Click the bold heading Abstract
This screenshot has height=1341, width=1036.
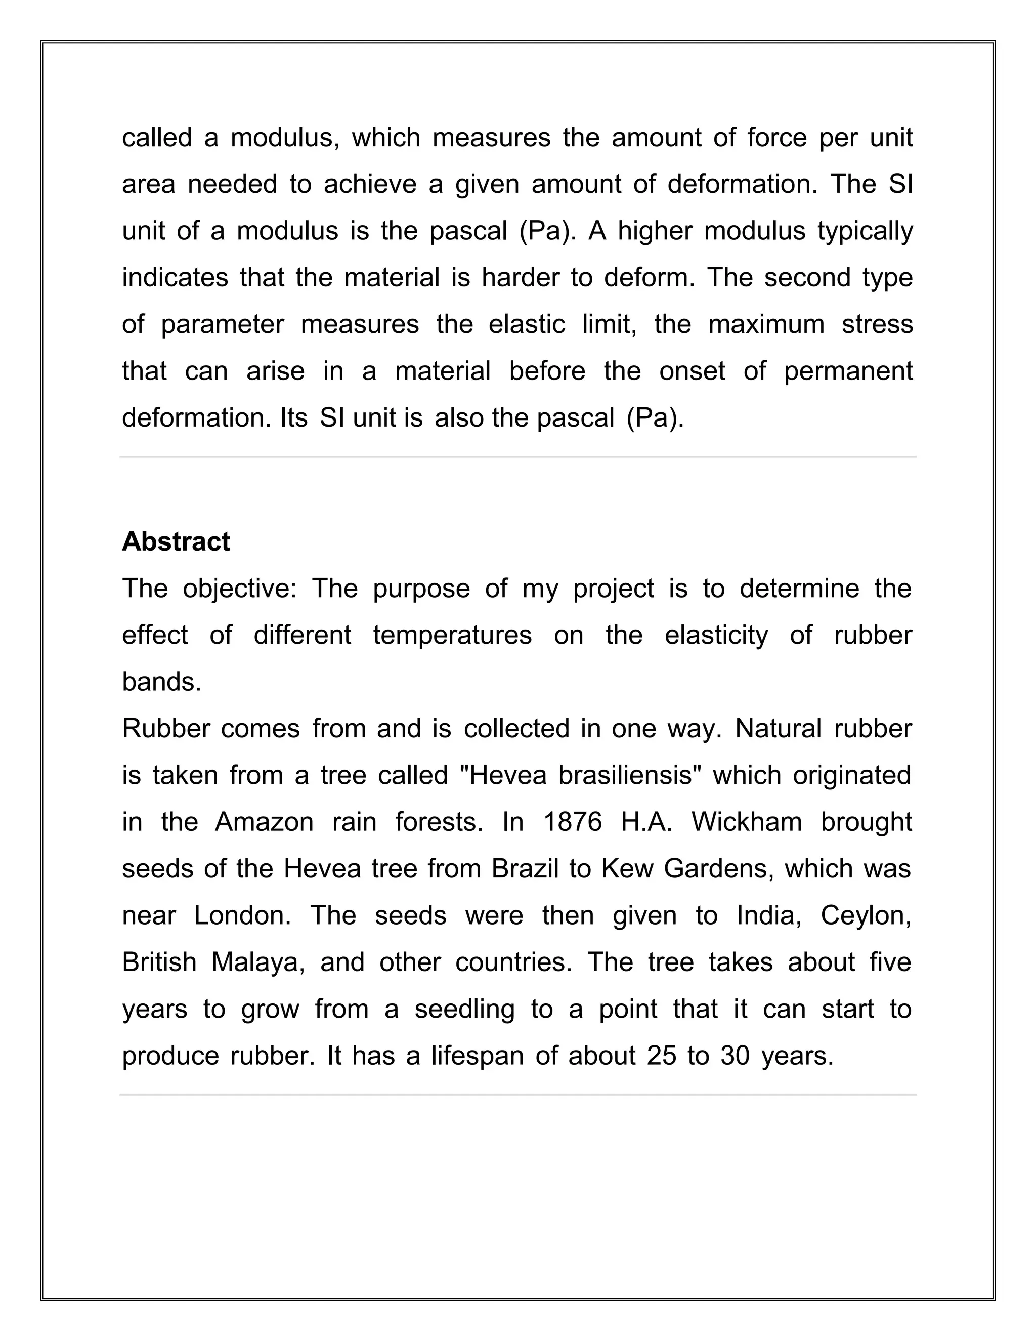click(x=176, y=541)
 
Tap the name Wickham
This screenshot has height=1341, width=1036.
click(x=746, y=822)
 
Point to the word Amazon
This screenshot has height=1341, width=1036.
click(x=264, y=822)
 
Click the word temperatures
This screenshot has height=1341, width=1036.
click(x=452, y=635)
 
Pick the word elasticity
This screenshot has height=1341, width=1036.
click(x=716, y=635)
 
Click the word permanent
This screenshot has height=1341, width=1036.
click(x=848, y=371)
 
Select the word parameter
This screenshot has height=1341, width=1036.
click(x=222, y=325)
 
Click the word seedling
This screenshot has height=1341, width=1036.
click(x=464, y=1010)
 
